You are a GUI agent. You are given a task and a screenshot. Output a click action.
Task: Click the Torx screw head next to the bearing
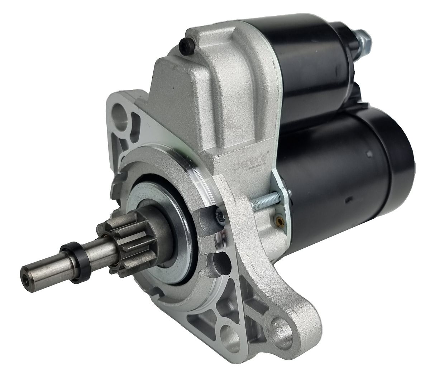point(219,215)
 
